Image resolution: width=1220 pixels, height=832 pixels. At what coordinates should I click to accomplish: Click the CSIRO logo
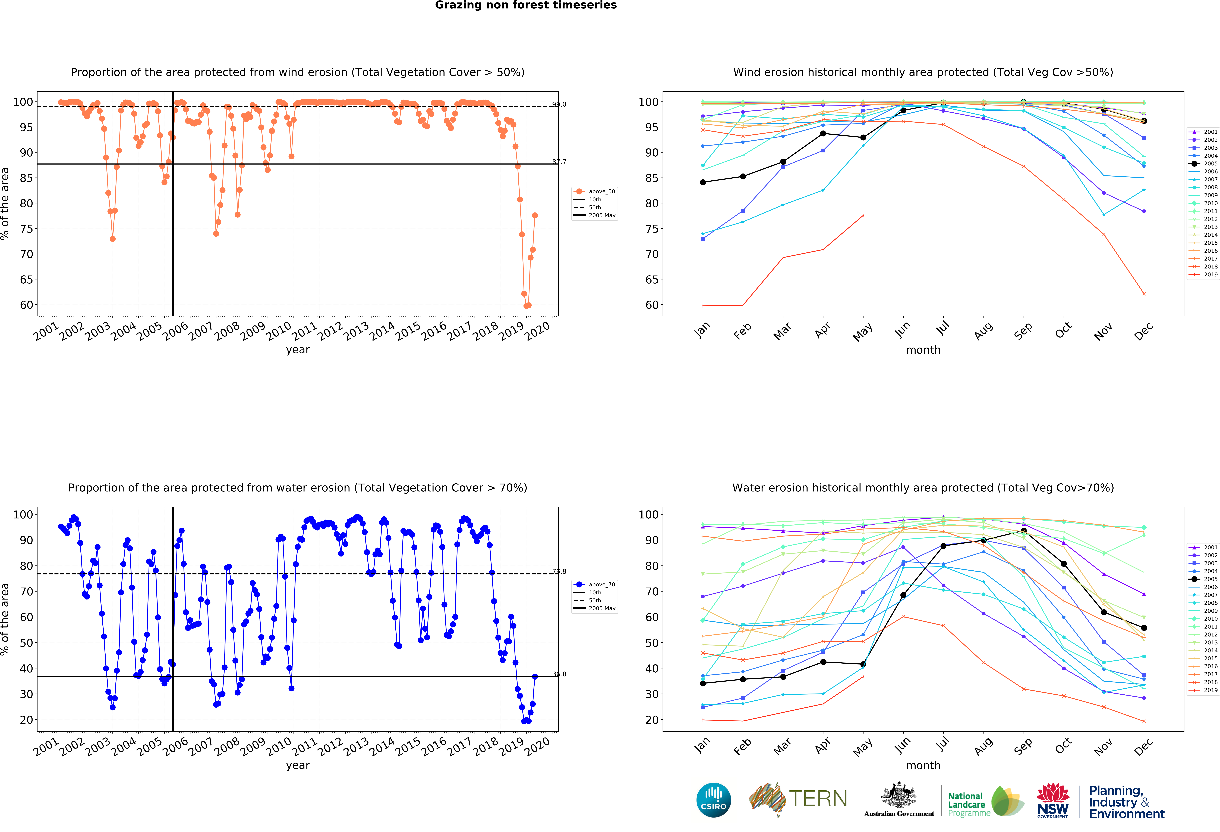[x=713, y=800]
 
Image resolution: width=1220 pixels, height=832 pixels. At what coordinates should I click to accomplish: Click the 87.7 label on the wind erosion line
[x=559, y=162]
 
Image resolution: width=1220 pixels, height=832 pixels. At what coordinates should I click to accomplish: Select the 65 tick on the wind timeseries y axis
[x=26, y=279]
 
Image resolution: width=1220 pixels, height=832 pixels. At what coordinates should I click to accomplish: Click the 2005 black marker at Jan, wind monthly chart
[x=703, y=182]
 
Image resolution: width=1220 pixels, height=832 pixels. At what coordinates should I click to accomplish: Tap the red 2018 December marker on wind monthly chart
[x=1144, y=294]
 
